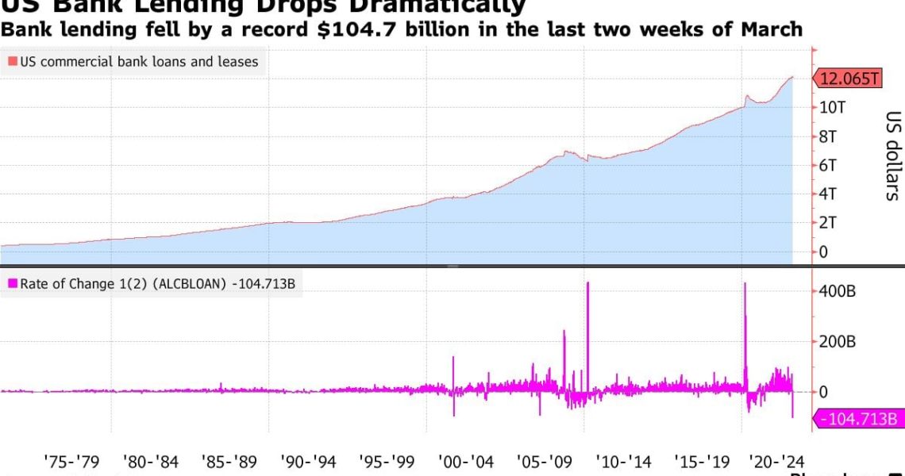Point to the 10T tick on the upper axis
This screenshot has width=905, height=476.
831,107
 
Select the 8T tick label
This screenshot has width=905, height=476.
829,136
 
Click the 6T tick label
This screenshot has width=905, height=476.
829,165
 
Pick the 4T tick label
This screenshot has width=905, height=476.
829,194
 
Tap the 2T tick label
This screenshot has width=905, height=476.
829,223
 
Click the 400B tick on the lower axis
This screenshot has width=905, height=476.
838,291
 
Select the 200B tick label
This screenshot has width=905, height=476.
838,342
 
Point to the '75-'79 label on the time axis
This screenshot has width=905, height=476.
71,460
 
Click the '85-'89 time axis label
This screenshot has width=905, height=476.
229,460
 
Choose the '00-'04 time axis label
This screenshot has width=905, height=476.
466,460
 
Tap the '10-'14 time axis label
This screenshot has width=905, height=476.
624,460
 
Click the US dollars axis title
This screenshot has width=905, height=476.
892,155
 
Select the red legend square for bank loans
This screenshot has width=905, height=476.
13,61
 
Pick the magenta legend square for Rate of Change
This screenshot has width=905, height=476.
13,283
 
